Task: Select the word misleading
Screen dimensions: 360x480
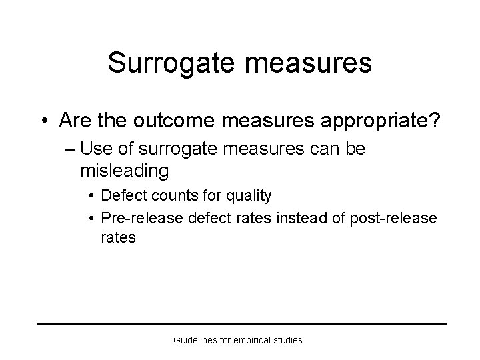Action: (125, 171)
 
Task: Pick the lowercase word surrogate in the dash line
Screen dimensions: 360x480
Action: (183, 149)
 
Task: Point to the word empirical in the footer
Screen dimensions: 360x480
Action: (251, 340)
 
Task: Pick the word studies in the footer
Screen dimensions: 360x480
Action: (287, 340)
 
